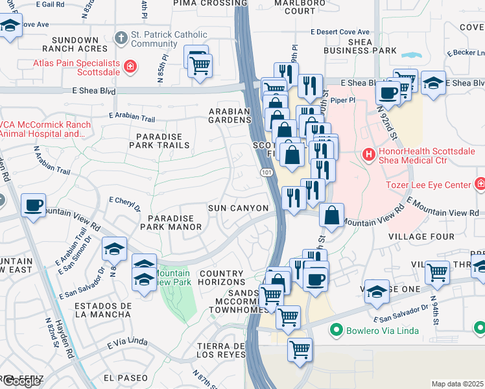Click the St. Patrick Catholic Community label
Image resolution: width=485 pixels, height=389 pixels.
[x=169, y=40]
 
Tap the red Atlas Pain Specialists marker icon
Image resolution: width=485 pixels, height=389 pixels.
[x=130, y=65]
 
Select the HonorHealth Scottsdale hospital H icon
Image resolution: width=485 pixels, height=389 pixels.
[x=368, y=154]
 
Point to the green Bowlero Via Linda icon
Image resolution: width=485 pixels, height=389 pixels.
[x=335, y=331]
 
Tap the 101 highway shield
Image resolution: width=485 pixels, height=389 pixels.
[x=266, y=172]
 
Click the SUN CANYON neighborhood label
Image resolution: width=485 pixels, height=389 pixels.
[x=238, y=208]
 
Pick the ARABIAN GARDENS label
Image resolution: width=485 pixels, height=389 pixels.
[x=229, y=115]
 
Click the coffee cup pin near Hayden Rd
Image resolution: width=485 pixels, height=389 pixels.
[x=34, y=206]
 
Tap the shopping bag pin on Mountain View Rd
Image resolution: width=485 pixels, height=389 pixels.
[x=331, y=216]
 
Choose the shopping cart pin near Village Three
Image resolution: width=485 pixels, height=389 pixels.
[x=438, y=272]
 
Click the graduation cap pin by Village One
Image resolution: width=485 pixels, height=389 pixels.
[x=377, y=291]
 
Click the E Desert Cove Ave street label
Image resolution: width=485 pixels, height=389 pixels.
[x=340, y=32]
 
